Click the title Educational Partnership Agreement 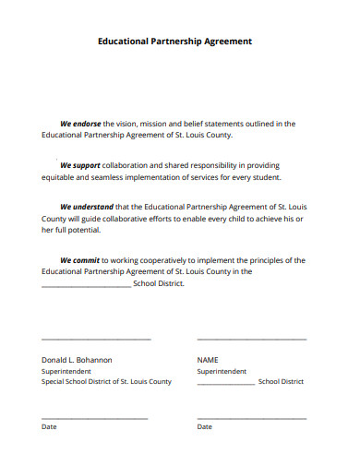174,42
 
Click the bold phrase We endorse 80,123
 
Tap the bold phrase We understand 87,207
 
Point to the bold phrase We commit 80,260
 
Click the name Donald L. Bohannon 77,359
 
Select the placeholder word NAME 208,359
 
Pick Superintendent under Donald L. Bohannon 66,371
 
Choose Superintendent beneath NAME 222,371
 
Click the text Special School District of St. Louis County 106,381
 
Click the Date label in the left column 49,426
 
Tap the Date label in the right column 205,426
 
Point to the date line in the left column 94,418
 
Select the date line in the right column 252,418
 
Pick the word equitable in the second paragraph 60,177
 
